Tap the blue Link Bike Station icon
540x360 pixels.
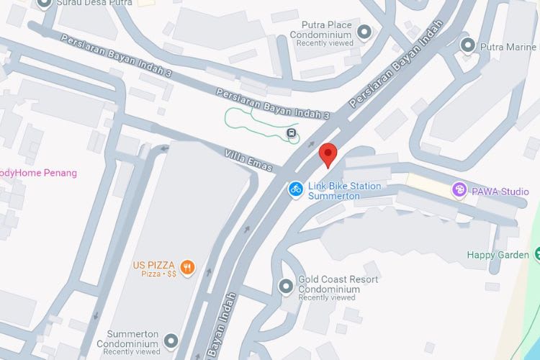click(x=295, y=189)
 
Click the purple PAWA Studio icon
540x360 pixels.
click(x=459, y=190)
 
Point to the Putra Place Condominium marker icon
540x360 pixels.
click(x=364, y=32)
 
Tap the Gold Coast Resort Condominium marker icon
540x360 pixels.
click(x=286, y=287)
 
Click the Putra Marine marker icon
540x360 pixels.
click(x=469, y=46)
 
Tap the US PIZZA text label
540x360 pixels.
click(x=154, y=265)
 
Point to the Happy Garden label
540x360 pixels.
click(x=497, y=254)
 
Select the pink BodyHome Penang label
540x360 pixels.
click(x=37, y=173)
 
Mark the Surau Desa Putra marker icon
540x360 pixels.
click(x=45, y=3)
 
